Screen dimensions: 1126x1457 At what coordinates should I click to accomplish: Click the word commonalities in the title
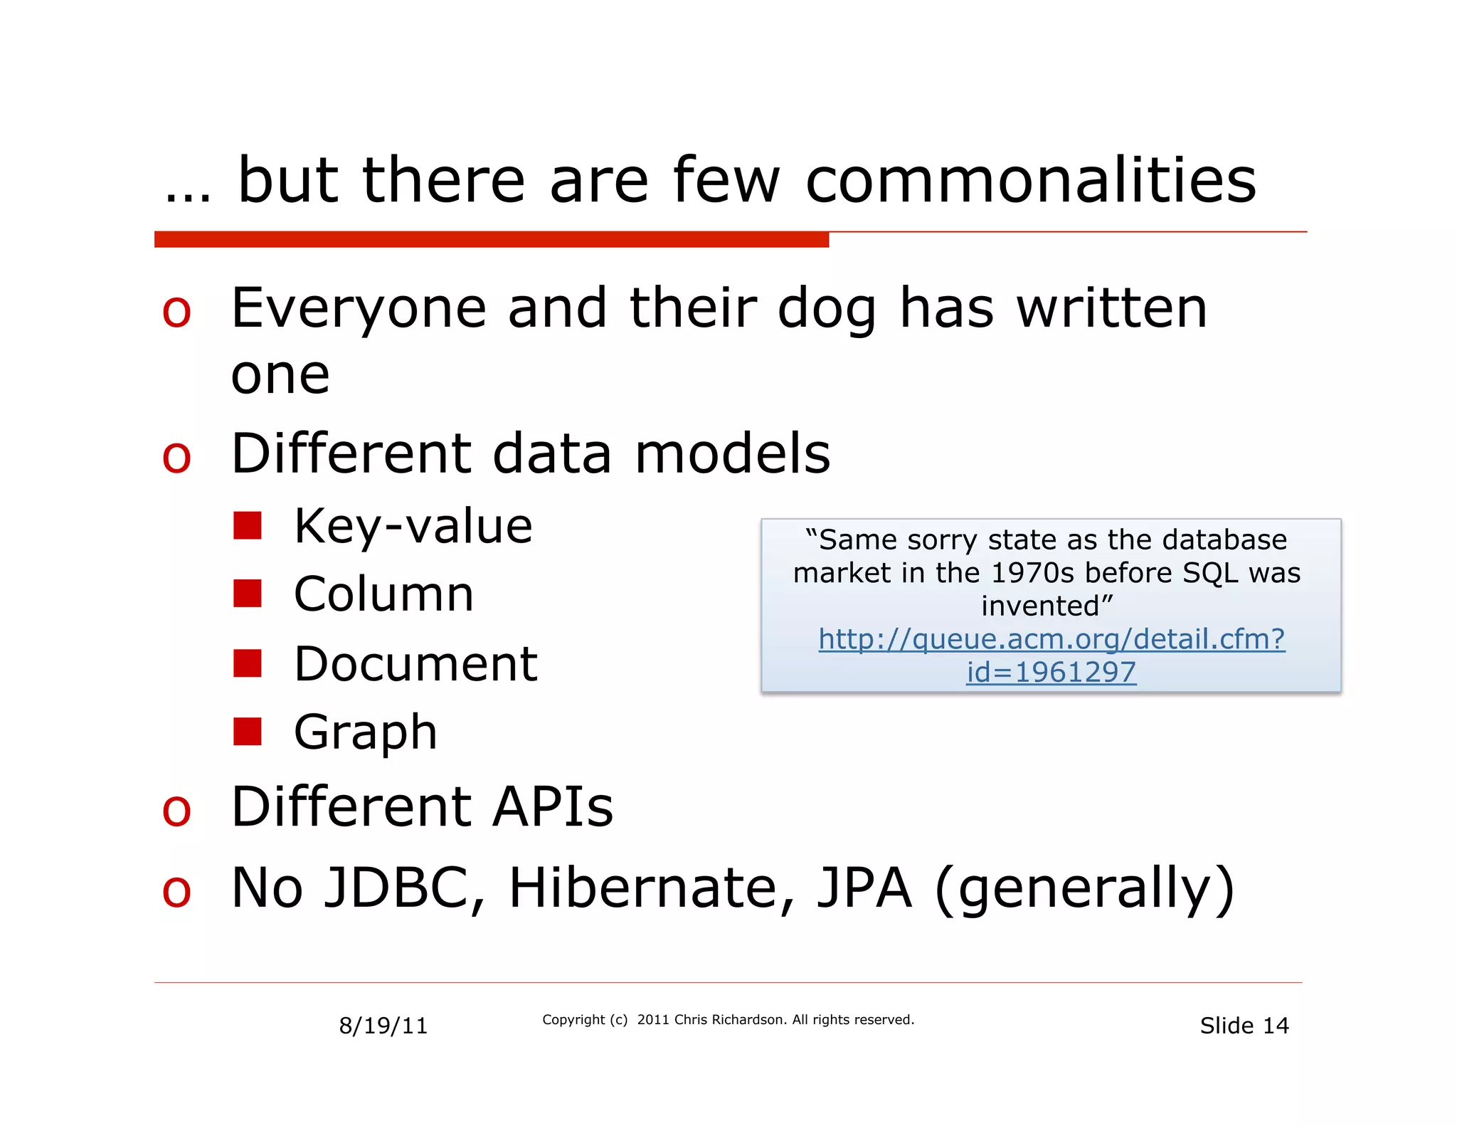click(1030, 181)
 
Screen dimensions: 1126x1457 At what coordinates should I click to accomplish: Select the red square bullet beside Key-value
click(247, 526)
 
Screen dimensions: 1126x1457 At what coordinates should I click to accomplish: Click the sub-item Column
click(383, 594)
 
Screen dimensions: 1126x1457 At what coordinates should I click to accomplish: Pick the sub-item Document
click(415, 664)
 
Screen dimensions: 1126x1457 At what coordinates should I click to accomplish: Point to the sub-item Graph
click(365, 732)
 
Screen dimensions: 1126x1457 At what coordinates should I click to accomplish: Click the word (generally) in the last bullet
click(1084, 890)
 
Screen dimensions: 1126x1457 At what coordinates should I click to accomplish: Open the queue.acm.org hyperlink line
click(1051, 639)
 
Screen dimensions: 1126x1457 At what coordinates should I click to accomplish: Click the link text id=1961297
click(1051, 672)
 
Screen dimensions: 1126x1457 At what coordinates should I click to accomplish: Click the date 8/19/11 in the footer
click(383, 1026)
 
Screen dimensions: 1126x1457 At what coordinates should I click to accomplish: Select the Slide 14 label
click(1244, 1026)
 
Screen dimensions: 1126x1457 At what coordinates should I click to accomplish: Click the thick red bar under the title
click(491, 240)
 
